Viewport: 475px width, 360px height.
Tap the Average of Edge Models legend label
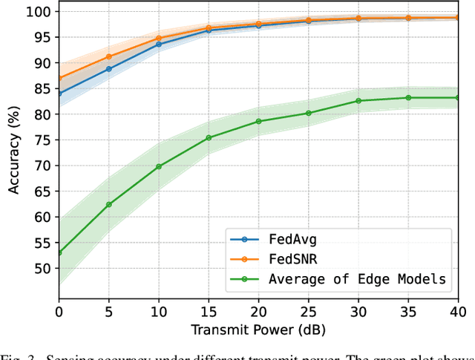(x=356, y=278)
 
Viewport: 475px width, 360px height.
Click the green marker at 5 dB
(x=109, y=204)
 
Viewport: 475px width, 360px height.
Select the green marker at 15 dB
(x=209, y=137)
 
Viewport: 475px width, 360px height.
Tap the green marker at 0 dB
(x=59, y=252)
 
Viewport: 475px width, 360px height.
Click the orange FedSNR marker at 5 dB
(x=109, y=56)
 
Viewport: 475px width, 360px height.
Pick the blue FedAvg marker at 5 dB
(x=109, y=69)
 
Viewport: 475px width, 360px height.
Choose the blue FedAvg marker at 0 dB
(x=59, y=94)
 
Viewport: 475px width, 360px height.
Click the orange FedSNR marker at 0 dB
(x=59, y=78)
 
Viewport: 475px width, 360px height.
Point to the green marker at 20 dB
(x=258, y=121)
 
